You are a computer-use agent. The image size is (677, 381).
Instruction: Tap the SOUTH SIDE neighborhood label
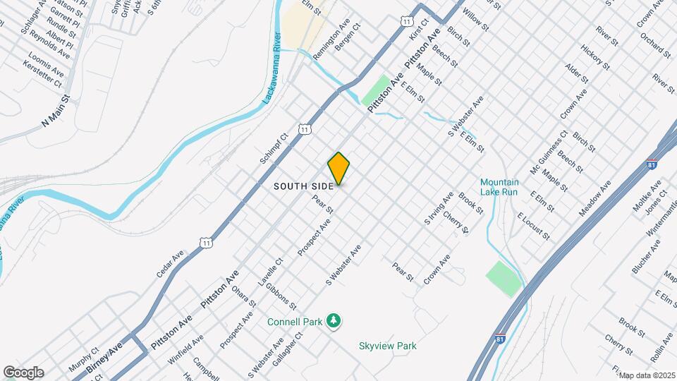point(303,186)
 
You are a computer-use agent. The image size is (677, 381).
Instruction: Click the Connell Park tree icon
point(334,322)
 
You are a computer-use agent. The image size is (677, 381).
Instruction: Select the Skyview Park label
point(387,346)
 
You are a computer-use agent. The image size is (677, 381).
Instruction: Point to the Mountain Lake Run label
point(499,186)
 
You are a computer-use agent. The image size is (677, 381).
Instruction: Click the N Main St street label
point(56,111)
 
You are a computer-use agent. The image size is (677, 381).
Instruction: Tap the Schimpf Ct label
point(274,148)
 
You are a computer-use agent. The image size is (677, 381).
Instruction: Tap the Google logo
point(23,373)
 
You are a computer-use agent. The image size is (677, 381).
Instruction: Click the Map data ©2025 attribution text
point(647,375)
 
